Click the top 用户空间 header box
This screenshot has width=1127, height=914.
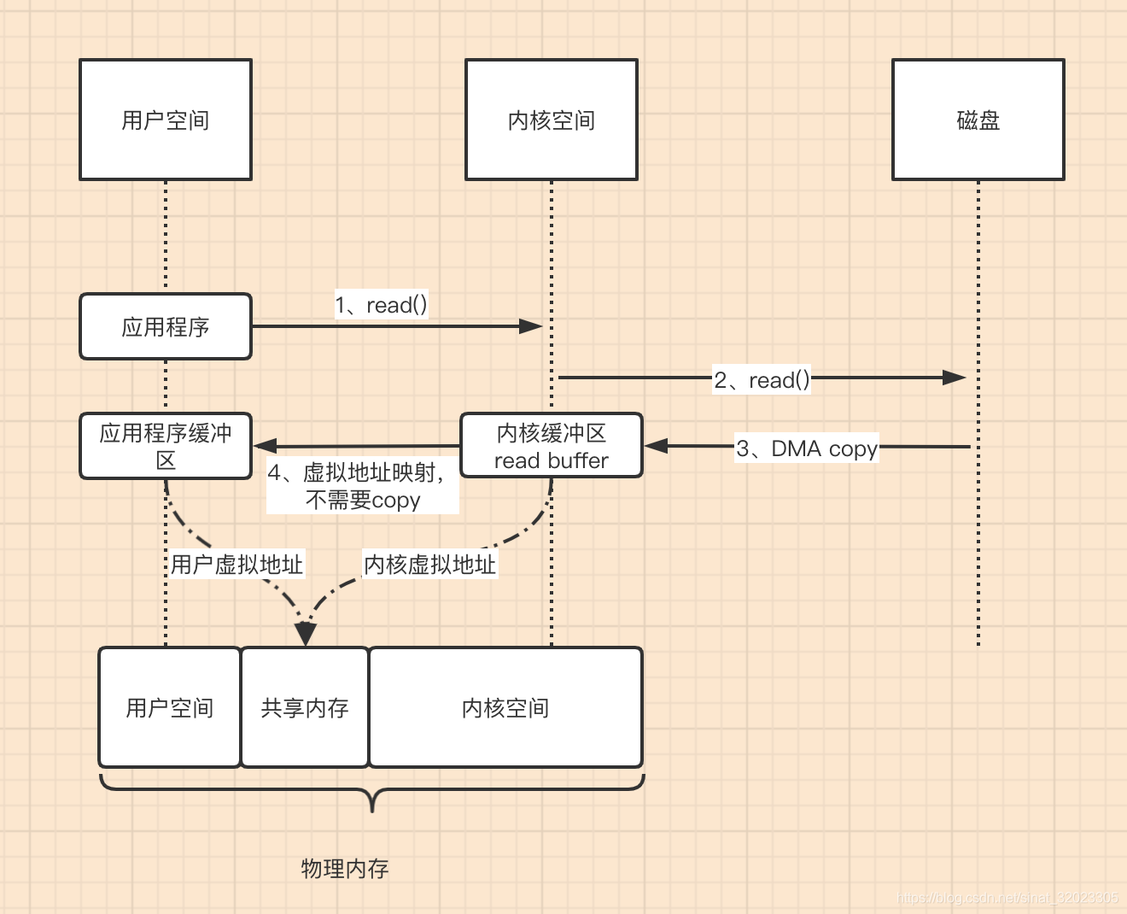(x=166, y=120)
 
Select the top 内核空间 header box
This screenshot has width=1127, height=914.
(x=552, y=120)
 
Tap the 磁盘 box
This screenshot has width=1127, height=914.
(x=978, y=120)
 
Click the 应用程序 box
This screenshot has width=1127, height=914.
(x=166, y=326)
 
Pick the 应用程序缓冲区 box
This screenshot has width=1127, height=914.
(x=166, y=446)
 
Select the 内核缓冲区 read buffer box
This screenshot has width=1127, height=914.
(x=552, y=446)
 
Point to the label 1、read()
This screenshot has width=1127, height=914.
(x=381, y=305)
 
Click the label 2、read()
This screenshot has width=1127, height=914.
(x=762, y=379)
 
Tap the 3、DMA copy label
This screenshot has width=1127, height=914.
(x=807, y=448)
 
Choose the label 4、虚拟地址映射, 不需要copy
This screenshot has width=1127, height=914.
(x=362, y=486)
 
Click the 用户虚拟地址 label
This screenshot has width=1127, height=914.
(x=236, y=565)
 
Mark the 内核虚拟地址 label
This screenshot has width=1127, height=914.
(x=429, y=565)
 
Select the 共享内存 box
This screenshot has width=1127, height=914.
(x=305, y=707)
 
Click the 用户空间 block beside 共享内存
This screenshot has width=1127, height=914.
(x=170, y=707)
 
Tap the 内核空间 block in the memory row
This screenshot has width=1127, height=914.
(x=505, y=707)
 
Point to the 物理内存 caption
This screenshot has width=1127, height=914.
(x=345, y=869)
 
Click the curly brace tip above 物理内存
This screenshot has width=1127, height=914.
(x=372, y=807)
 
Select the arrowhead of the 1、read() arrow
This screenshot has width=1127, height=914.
(x=532, y=326)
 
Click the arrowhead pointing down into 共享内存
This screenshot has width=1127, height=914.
(x=305, y=635)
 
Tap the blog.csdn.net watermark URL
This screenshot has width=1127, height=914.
(x=1007, y=898)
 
